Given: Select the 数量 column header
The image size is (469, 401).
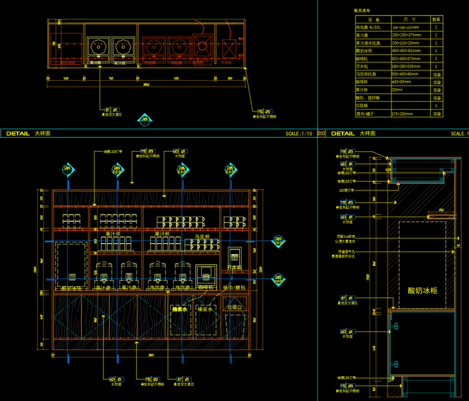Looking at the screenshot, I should click(x=436, y=20).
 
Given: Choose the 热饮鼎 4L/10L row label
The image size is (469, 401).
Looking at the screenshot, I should click(x=369, y=27).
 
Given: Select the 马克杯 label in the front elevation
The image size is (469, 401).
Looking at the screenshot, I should click(x=202, y=237).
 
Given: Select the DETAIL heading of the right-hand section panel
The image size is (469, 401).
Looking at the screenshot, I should click(x=343, y=134).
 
